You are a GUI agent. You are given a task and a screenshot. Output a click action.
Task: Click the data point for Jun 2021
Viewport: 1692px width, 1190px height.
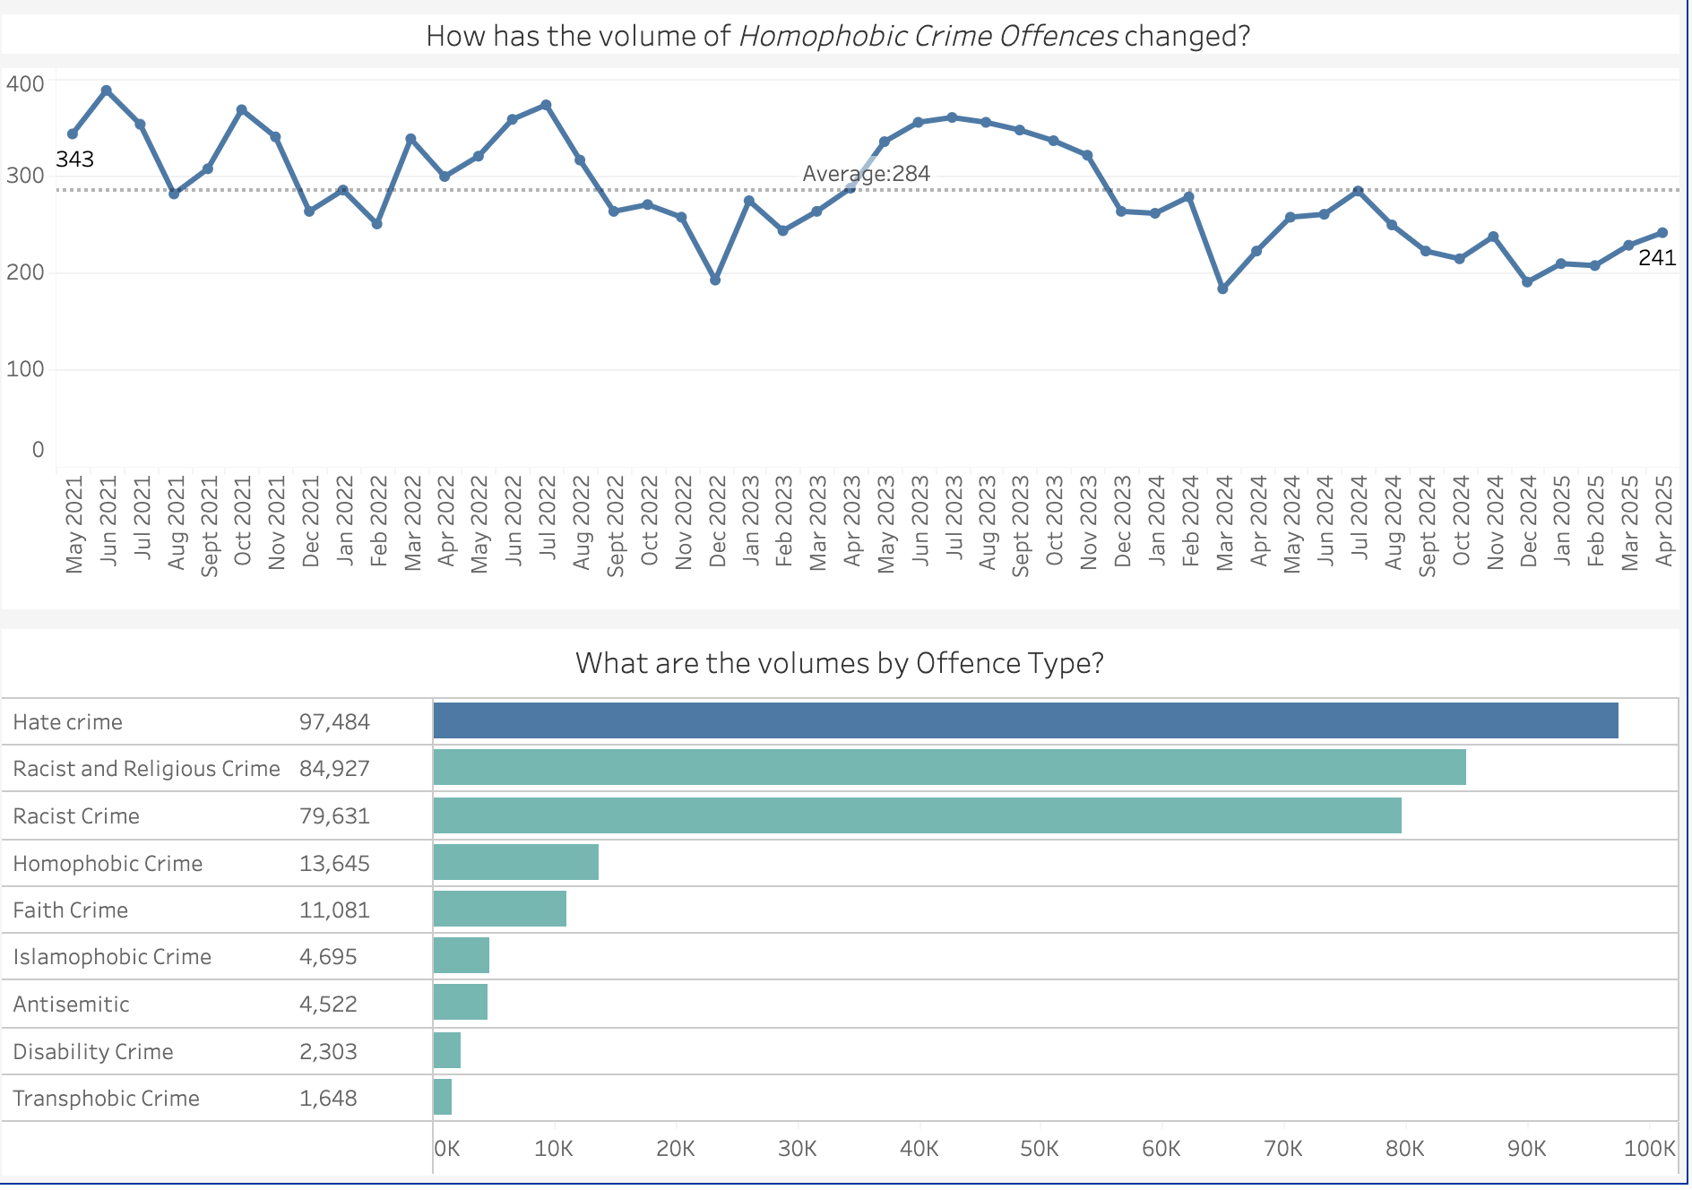107,91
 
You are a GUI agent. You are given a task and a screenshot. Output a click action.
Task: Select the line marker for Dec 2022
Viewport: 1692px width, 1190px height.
715,280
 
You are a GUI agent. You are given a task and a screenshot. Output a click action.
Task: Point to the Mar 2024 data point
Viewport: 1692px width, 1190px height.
1222,289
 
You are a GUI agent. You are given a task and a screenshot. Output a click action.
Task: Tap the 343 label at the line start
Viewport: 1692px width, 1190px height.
74,160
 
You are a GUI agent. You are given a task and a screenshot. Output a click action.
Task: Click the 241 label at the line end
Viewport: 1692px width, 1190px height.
1656,258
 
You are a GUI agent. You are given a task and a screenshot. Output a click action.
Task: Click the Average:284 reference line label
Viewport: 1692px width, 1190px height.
866,174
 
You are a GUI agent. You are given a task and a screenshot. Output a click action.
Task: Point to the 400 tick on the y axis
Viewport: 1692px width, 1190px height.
25,84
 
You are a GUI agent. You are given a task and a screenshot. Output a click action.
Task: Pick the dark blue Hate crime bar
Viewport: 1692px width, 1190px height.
1025,720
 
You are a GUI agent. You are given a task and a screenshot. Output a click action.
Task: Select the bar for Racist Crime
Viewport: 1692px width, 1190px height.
917,815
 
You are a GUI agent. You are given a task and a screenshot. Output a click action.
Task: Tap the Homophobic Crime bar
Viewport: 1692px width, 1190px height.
515,862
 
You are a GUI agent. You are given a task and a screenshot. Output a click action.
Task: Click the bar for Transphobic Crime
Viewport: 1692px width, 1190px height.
443,1097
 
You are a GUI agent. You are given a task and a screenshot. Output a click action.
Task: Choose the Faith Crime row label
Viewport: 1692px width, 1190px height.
71,910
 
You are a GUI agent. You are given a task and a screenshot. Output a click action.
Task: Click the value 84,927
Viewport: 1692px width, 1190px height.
334,769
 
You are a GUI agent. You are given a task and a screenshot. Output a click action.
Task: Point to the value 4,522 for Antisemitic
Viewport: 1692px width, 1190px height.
328,1004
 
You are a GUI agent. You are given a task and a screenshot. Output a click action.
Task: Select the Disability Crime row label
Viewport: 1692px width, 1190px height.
93,1051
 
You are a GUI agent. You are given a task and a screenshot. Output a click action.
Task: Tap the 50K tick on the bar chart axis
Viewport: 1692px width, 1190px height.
1040,1149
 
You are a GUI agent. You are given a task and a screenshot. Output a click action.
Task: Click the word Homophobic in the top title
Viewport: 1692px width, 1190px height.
821,36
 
